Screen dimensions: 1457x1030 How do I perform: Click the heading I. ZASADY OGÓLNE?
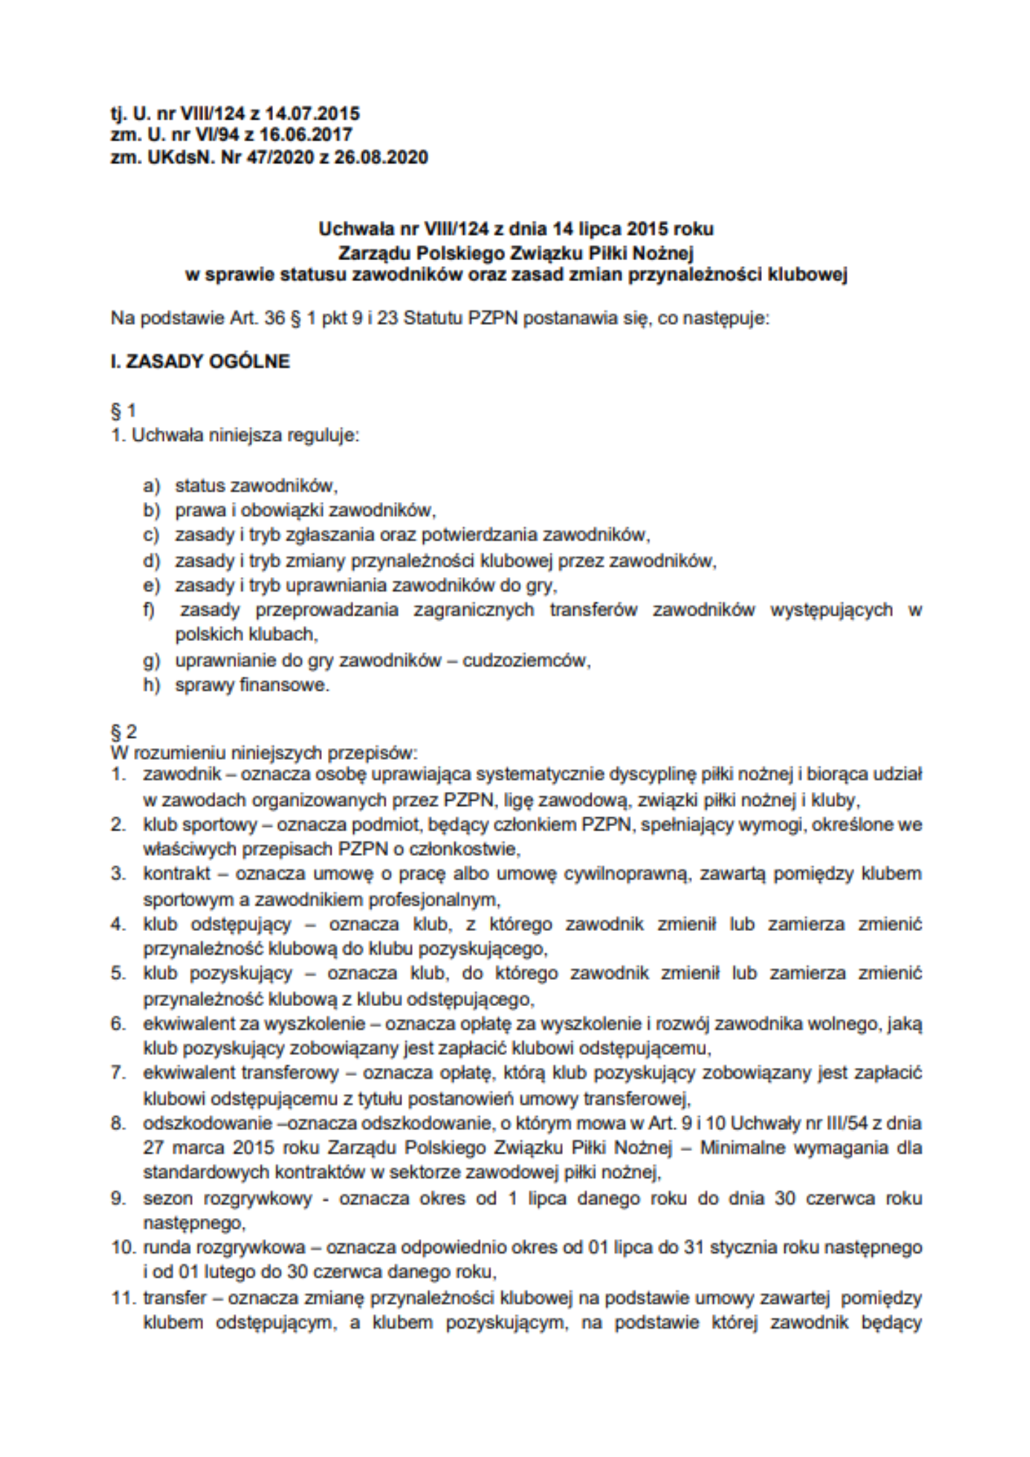pyautogui.click(x=200, y=362)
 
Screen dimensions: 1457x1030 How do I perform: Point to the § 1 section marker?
pyautogui.click(x=123, y=411)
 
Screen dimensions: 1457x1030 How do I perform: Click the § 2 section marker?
pyautogui.click(x=123, y=731)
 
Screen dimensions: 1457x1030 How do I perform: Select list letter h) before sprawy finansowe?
pyautogui.click(x=151, y=686)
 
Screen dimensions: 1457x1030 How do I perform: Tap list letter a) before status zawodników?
pyautogui.click(x=151, y=486)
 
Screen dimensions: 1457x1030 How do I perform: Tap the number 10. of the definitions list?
pyautogui.click(x=123, y=1247)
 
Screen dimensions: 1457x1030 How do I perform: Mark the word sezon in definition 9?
pyautogui.click(x=167, y=1198)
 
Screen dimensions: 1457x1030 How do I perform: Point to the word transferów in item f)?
pyautogui.click(x=593, y=610)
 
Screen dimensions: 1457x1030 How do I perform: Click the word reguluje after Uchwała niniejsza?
pyautogui.click(x=322, y=436)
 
